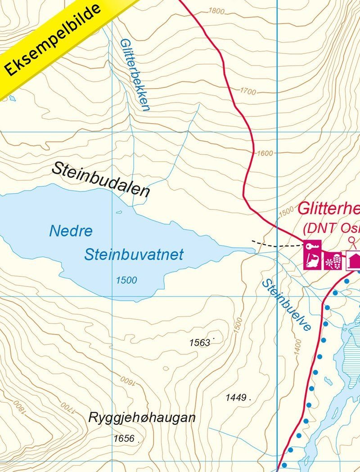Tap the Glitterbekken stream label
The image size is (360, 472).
coord(134,74)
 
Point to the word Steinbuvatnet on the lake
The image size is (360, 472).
coord(134,255)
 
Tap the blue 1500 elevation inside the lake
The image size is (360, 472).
coord(126,281)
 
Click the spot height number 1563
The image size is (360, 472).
coord(200,343)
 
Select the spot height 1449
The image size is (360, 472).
coord(236,397)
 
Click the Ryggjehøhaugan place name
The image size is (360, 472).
coord(142,418)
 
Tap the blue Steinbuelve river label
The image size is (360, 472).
coord(287,305)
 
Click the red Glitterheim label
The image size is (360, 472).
coord(328,209)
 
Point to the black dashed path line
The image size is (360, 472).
coord(277,245)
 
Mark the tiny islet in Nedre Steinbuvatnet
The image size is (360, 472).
coord(119,212)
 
